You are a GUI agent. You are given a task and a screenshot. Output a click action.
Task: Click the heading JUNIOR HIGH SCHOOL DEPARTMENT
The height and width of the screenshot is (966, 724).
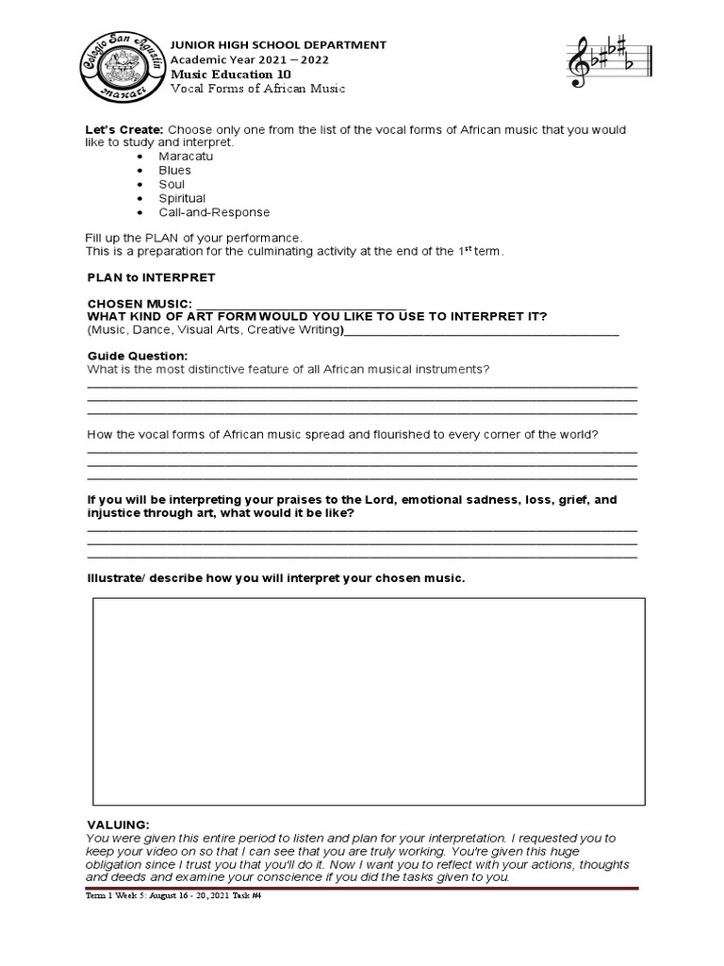click(x=277, y=44)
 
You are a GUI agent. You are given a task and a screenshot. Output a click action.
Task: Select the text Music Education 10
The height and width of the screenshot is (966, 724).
click(x=230, y=74)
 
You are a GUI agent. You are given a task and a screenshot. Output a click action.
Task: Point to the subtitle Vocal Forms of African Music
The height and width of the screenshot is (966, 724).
click(x=257, y=89)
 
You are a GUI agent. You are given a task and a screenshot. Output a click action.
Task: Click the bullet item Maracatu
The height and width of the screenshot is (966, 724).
click(x=186, y=156)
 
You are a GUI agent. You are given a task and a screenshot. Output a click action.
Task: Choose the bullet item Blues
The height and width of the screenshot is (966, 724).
click(x=174, y=170)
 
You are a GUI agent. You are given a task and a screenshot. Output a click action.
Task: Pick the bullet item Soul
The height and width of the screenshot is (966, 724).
click(x=172, y=184)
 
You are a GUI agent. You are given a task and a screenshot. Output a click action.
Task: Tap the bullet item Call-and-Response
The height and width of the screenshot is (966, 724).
click(x=213, y=212)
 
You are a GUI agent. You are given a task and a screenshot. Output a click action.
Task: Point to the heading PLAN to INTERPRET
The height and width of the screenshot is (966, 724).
click(x=151, y=277)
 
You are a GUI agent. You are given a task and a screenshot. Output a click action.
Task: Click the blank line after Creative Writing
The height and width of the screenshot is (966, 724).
click(x=482, y=332)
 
